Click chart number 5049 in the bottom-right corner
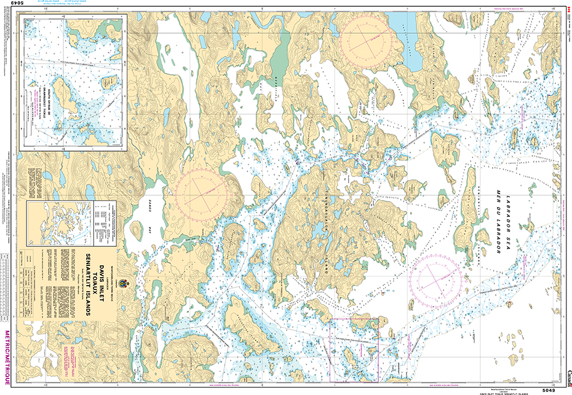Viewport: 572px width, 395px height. click(549, 389)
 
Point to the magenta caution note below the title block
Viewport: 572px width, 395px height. click(70, 357)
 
